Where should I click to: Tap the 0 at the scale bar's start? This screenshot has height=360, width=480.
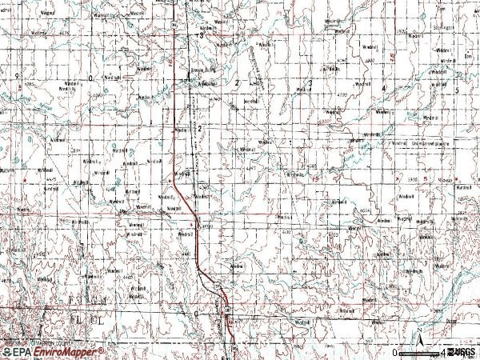[395, 353]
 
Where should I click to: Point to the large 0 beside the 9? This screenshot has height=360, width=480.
[91, 78]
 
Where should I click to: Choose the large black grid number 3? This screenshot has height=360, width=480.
[309, 83]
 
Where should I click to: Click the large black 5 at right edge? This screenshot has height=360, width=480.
[456, 90]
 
